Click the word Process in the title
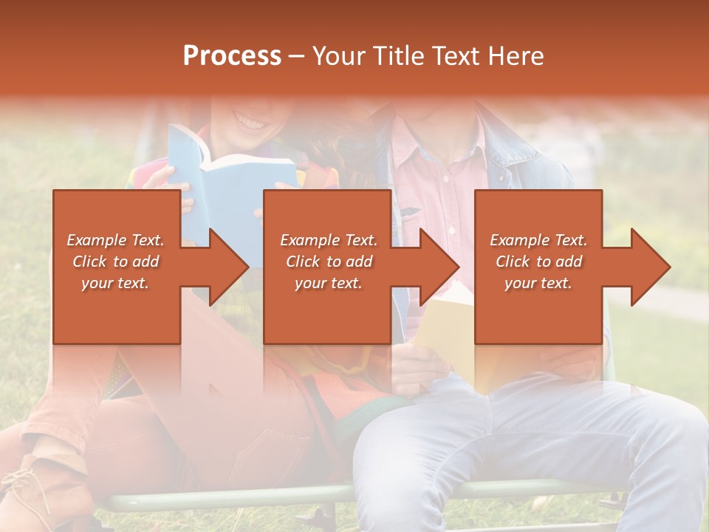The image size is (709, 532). (x=232, y=56)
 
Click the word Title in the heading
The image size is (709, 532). (x=394, y=56)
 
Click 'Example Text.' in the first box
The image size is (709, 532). (x=115, y=240)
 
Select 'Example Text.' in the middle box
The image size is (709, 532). (x=328, y=240)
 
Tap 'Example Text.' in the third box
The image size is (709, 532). (x=538, y=240)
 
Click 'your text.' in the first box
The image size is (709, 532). (x=115, y=283)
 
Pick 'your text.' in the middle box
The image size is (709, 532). (x=328, y=283)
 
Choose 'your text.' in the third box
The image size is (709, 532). (x=538, y=283)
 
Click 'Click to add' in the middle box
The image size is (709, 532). (x=328, y=262)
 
